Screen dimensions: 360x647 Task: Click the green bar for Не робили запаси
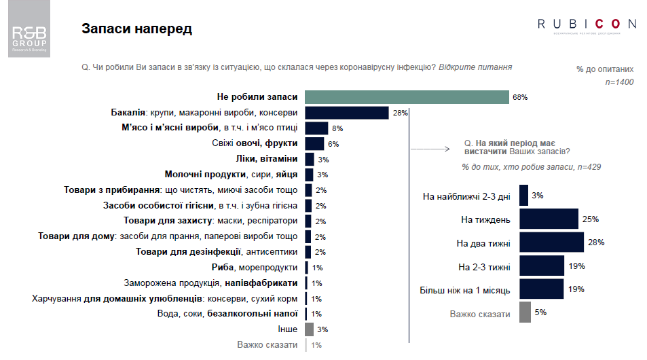[407, 97]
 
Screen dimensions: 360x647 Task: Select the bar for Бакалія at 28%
[346, 113]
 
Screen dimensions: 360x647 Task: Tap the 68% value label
[520, 97]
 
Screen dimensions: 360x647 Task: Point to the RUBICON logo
[587, 25]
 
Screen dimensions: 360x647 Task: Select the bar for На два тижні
[551, 242]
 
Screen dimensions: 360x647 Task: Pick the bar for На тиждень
[549, 219]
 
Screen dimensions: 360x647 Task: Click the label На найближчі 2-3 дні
[467, 196]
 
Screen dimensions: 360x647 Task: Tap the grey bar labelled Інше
[309, 329]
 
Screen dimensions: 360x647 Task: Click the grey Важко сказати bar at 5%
[525, 312]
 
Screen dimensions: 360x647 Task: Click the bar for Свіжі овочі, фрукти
[314, 143]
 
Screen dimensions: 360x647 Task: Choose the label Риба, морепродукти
[255, 268]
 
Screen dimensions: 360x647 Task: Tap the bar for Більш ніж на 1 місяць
[541, 289]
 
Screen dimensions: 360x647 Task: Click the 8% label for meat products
[337, 128]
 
